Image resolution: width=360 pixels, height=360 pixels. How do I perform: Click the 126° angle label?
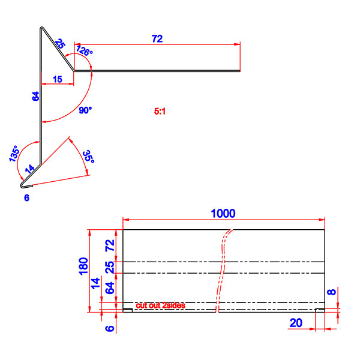coord(85,52)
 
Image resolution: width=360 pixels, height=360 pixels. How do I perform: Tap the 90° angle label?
coord(86,110)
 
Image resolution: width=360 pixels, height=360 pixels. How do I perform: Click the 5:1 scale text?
coord(161,111)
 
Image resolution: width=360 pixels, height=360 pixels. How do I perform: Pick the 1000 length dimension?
coord(223,213)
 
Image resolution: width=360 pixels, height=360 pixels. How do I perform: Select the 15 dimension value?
coord(57,79)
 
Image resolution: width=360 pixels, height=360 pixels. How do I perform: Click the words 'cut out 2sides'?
coord(160,305)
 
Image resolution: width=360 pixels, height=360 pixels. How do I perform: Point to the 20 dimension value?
coord(295,323)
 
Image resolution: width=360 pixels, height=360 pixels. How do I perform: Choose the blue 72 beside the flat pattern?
coord(109,245)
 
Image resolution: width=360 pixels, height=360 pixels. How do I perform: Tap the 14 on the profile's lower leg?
coord(31,170)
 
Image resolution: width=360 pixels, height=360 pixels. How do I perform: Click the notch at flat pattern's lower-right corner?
coord(320,310)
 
